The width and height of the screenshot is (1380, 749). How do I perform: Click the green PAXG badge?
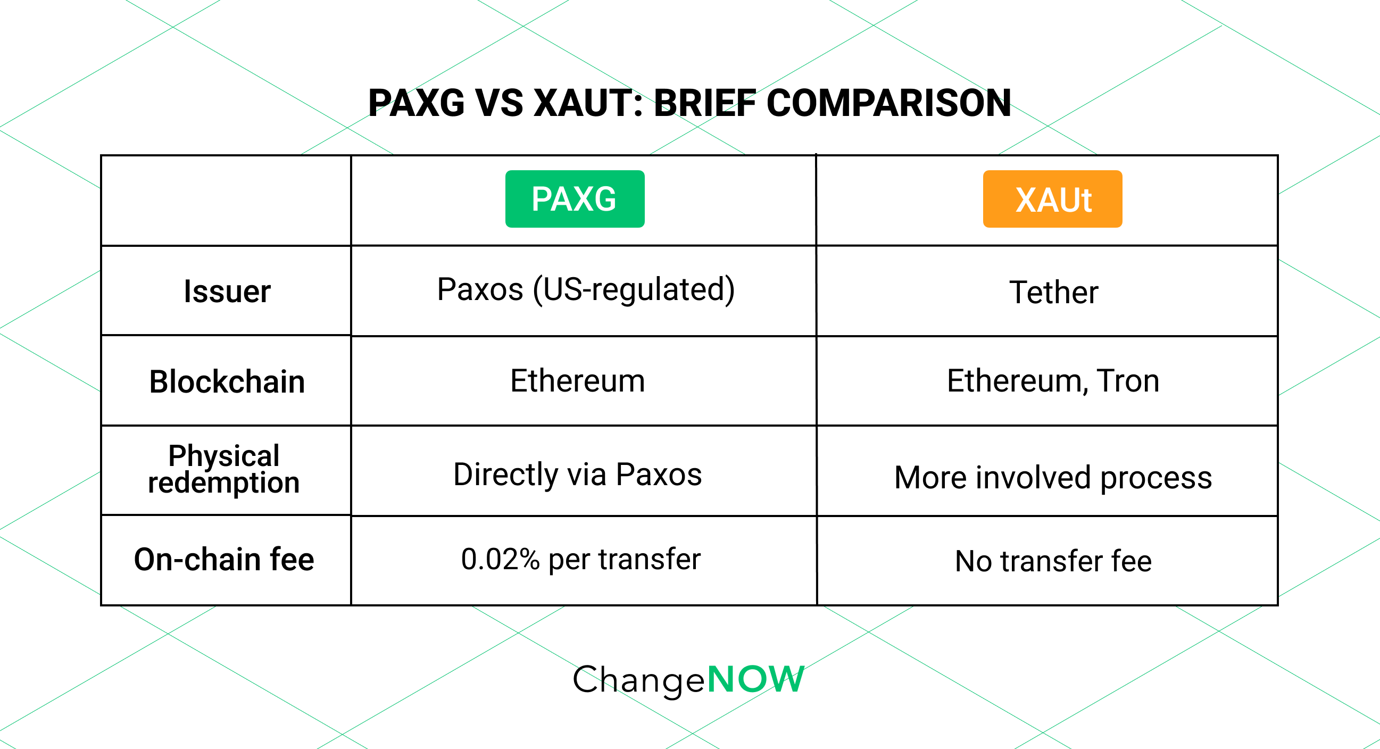tap(574, 199)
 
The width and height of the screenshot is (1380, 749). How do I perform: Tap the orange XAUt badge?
tap(1052, 199)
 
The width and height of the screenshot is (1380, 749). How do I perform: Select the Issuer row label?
tap(227, 292)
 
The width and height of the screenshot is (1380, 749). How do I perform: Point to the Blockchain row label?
tap(227, 381)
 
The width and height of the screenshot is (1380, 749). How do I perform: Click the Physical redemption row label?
tap(224, 469)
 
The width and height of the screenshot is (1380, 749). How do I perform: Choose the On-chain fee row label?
tap(224, 559)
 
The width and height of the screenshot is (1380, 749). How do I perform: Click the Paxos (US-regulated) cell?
tap(586, 290)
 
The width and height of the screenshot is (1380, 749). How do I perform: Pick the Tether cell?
tap(1053, 293)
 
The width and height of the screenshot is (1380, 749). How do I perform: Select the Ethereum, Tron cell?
tap(1053, 381)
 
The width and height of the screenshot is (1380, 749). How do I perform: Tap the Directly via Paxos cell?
tap(578, 475)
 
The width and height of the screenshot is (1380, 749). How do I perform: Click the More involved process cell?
tap(1053, 477)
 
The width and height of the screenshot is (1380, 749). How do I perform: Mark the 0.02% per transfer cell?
tap(581, 559)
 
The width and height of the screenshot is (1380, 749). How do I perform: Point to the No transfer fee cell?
tap(1053, 561)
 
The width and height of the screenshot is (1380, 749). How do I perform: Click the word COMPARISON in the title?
tap(888, 103)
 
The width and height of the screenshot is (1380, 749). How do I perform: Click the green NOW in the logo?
tap(756, 679)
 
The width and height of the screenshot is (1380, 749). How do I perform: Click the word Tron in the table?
tap(1128, 381)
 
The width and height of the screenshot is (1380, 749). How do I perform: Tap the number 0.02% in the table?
tap(501, 559)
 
